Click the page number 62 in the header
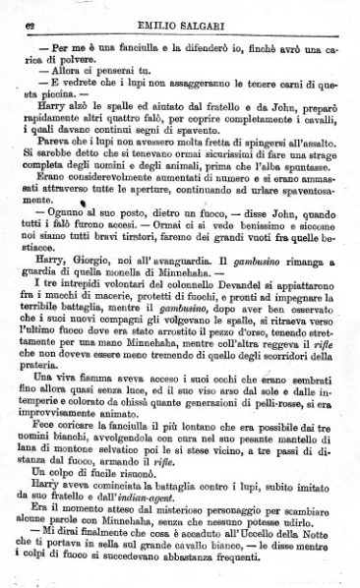[25, 12]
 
